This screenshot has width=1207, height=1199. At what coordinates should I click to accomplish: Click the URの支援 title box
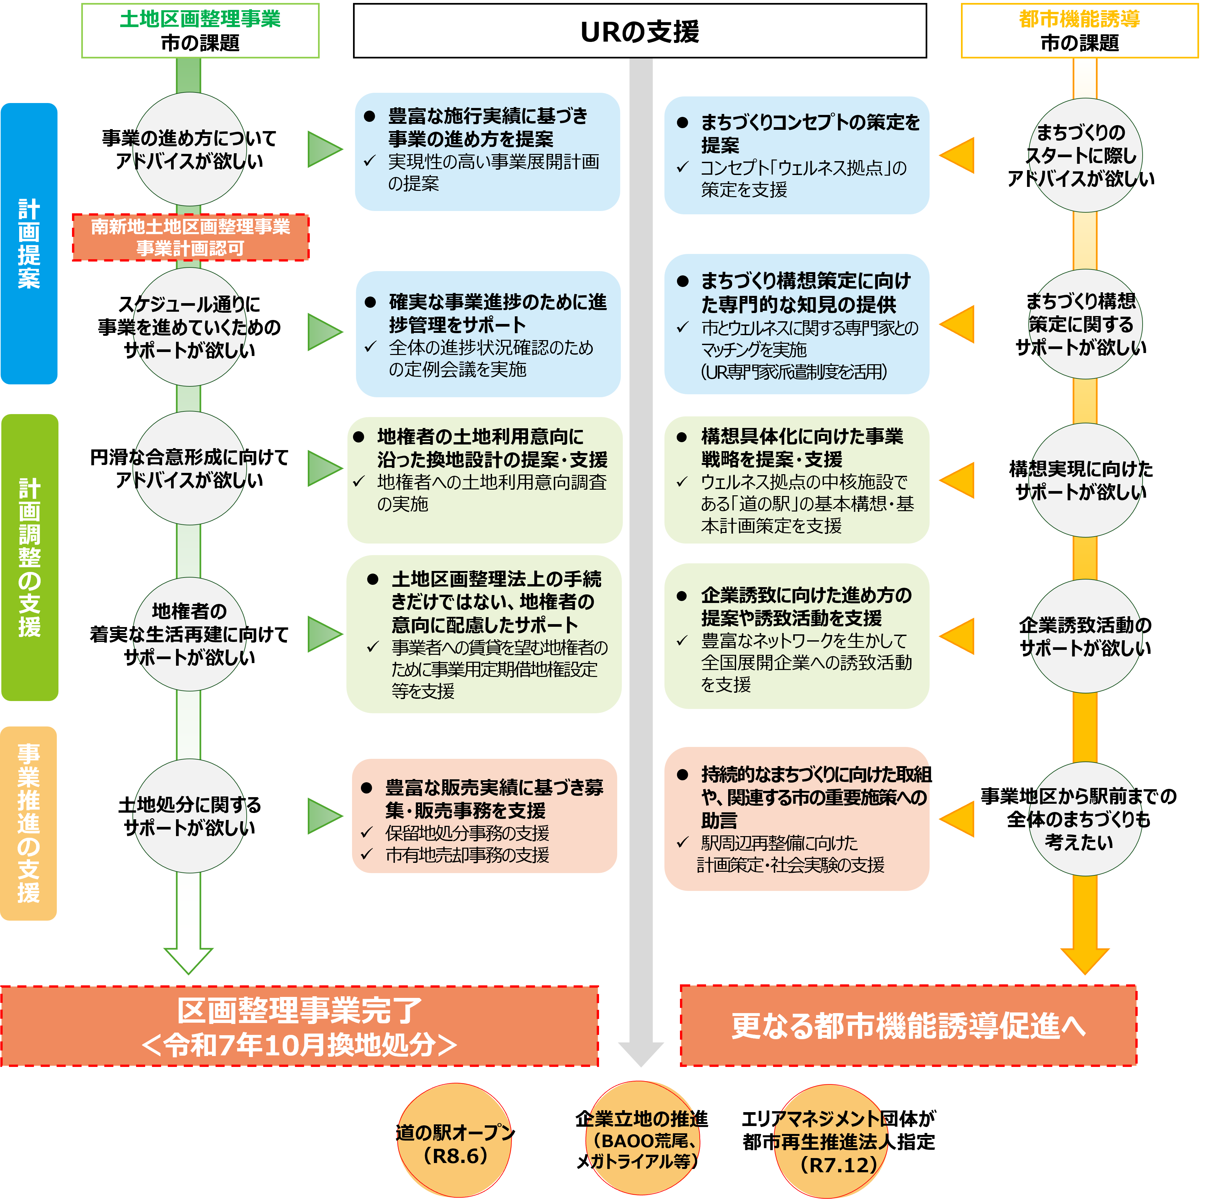click(x=640, y=31)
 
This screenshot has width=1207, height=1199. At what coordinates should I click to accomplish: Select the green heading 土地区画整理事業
click(x=200, y=19)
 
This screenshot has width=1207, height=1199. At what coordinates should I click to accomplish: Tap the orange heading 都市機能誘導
click(x=1079, y=19)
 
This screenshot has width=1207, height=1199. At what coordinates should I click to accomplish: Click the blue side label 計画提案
click(x=29, y=244)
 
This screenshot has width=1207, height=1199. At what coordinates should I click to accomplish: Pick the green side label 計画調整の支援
click(x=29, y=557)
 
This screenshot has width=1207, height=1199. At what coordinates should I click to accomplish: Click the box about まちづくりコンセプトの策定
click(x=797, y=155)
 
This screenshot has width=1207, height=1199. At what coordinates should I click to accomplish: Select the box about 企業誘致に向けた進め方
click(x=797, y=636)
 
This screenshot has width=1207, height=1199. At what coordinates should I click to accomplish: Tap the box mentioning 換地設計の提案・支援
click(x=485, y=480)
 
